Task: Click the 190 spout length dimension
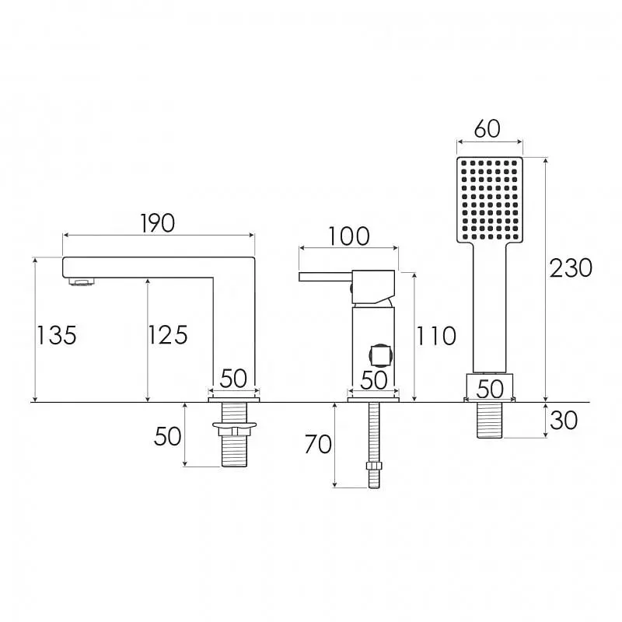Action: tap(158, 223)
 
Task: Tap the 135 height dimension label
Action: tap(57, 335)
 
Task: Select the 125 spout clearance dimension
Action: tap(168, 335)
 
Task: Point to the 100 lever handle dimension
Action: tap(349, 236)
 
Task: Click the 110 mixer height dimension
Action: tap(436, 336)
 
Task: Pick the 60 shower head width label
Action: tap(487, 128)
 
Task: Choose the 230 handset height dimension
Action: tap(571, 267)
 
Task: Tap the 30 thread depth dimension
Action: tap(564, 420)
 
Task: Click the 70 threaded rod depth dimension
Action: tap(318, 444)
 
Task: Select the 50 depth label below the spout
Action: tap(167, 436)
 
